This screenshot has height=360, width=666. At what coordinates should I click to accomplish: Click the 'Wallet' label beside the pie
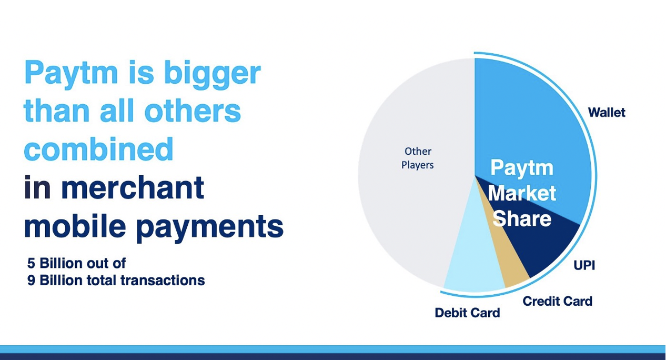click(607, 113)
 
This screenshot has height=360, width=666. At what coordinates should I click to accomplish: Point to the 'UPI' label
click(584, 265)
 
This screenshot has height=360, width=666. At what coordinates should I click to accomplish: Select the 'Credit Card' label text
click(558, 301)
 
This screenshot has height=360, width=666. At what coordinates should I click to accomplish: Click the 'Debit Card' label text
click(467, 313)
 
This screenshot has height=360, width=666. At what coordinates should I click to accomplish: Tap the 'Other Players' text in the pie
click(418, 158)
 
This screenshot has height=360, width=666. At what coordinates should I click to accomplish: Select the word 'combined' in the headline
click(98, 149)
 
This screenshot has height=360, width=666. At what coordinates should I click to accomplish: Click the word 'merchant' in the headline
click(133, 187)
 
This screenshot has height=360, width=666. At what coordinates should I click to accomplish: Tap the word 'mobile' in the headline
click(75, 226)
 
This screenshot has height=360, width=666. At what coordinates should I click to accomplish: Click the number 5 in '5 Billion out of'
click(31, 263)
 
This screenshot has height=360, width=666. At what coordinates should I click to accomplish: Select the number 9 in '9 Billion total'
click(31, 281)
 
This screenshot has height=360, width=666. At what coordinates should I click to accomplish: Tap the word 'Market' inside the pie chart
click(522, 193)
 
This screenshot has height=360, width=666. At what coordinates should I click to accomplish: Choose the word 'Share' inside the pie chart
click(522, 218)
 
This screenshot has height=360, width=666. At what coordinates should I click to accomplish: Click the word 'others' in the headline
click(193, 111)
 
